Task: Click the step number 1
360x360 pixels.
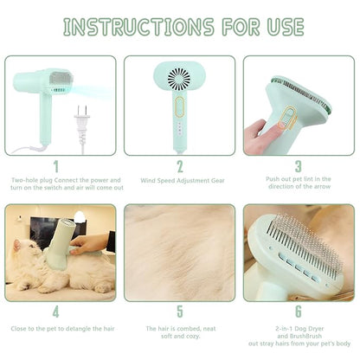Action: [57, 166]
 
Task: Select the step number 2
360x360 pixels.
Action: [179, 166]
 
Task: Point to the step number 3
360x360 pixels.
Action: [297, 166]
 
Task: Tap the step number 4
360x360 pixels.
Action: [57, 312]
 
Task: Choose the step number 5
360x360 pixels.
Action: [179, 312]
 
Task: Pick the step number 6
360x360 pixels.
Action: [297, 312]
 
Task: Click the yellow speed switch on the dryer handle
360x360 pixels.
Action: [179, 106]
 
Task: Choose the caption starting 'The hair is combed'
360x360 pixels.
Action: [179, 333]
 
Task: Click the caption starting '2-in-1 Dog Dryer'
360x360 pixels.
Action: [299, 333]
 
